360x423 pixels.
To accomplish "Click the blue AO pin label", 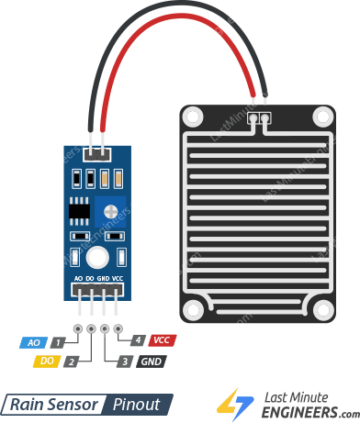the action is [33, 342].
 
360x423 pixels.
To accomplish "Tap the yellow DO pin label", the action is [45, 362].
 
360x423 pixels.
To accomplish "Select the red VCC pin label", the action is [163, 340].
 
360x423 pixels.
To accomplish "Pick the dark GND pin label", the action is [151, 362].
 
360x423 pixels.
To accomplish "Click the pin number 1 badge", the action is [57, 342].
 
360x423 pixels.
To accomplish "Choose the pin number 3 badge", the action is [124, 362].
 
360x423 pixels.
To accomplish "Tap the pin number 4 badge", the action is [137, 340].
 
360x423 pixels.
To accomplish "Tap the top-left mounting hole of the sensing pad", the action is [193, 117].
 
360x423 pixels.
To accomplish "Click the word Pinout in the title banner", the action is [136, 405].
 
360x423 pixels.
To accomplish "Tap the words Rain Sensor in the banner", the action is [54, 405].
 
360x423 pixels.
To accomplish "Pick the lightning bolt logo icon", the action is [236, 404].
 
